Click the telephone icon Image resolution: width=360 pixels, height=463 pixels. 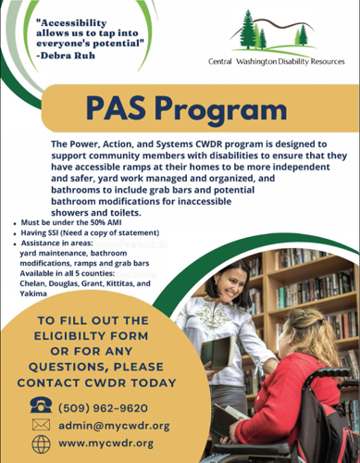tap(42, 406)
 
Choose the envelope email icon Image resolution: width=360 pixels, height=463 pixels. tap(42, 424)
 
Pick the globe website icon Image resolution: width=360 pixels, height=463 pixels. tap(42, 444)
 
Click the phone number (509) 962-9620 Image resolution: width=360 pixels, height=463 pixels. tap(103, 407)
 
